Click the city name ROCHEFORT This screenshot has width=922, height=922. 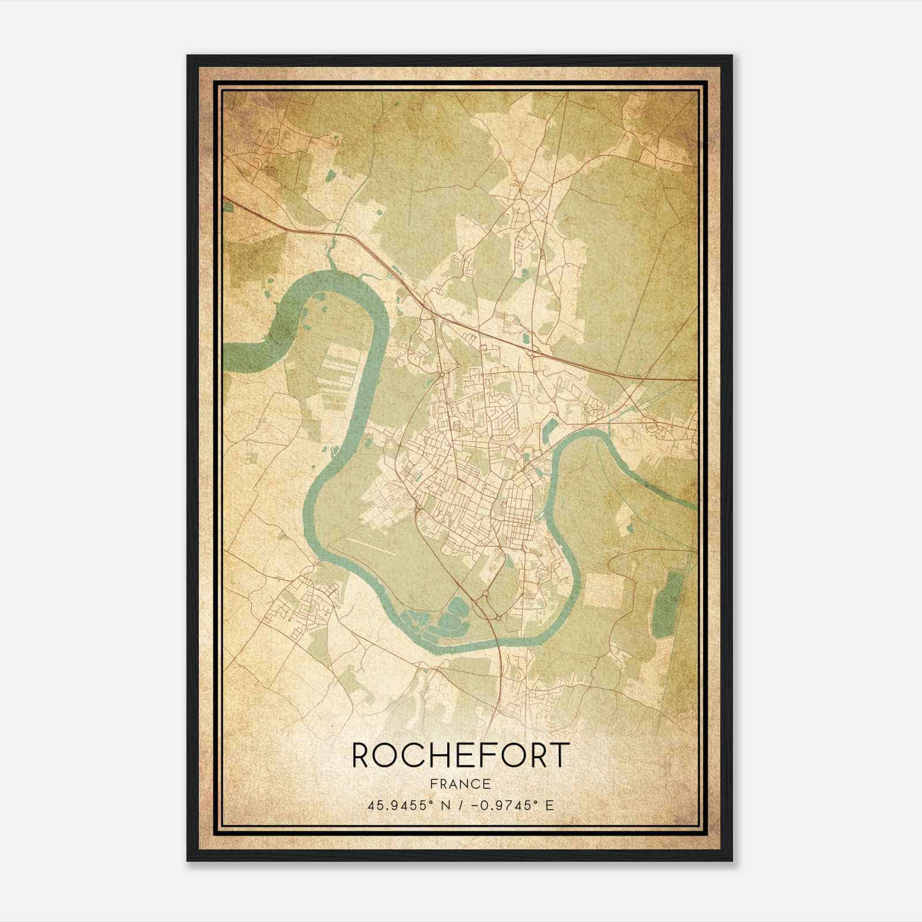tap(460, 755)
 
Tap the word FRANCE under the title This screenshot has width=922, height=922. tap(460, 784)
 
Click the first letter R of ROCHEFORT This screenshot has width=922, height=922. tap(361, 755)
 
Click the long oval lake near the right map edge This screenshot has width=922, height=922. tap(666, 605)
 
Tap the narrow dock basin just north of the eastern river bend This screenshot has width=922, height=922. tap(550, 429)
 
